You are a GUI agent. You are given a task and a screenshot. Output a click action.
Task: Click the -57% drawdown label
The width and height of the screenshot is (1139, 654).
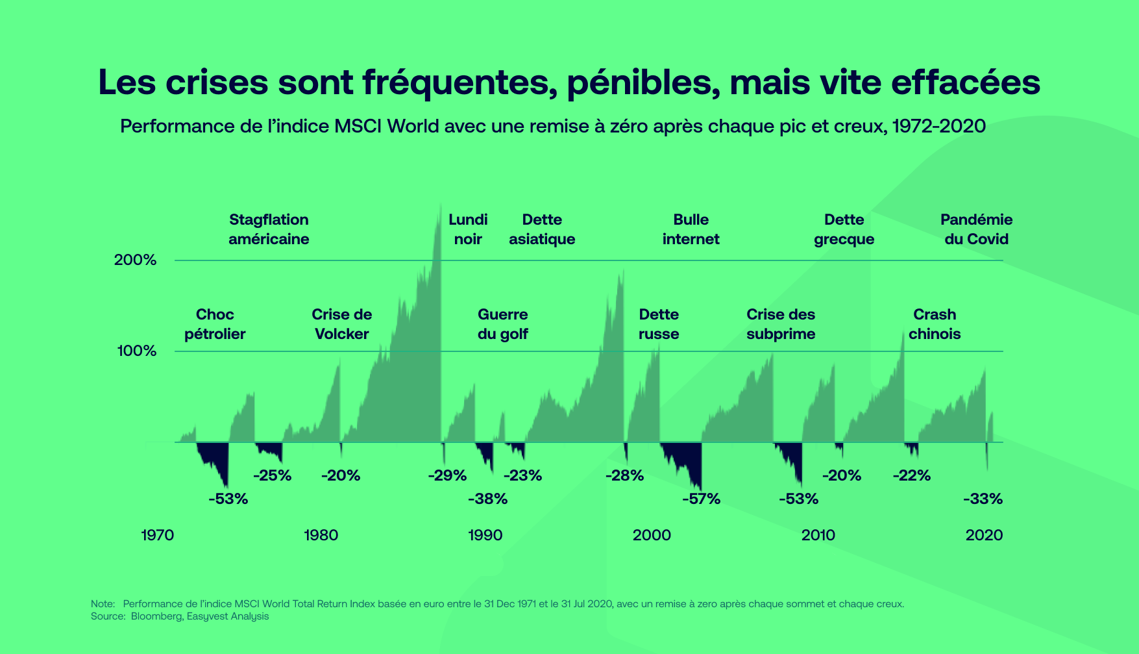point(701,499)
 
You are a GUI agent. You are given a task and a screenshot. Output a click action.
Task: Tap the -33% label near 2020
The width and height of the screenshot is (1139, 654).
point(983,499)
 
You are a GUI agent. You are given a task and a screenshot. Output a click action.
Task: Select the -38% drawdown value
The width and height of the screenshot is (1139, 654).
point(487,499)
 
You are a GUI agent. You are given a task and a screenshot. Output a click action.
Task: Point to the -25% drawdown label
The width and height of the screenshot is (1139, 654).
point(272,475)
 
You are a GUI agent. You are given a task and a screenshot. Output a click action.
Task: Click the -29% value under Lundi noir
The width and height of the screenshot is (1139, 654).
point(447,475)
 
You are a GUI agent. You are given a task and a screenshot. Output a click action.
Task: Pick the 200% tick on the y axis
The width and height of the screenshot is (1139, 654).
point(136,260)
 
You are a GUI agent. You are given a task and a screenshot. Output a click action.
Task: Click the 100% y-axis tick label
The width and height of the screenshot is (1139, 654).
point(137,351)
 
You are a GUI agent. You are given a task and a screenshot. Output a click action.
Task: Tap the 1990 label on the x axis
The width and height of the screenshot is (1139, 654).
point(485,535)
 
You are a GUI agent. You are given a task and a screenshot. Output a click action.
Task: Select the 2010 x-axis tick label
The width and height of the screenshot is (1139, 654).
point(818,535)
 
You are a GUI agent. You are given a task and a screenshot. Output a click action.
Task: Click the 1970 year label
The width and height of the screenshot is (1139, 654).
point(157,535)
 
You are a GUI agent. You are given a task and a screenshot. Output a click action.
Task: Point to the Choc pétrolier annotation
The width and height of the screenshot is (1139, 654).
point(215,324)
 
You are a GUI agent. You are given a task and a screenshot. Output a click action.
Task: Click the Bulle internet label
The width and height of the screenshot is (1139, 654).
point(691,229)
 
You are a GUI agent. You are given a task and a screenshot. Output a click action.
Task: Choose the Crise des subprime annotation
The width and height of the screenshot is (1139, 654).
point(781,324)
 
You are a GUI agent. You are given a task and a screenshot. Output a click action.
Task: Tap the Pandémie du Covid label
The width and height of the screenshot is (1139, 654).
point(976,229)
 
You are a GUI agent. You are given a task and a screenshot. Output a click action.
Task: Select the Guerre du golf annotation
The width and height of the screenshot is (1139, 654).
point(502,324)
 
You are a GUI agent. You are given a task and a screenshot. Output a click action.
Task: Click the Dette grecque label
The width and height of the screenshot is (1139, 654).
point(844,229)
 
